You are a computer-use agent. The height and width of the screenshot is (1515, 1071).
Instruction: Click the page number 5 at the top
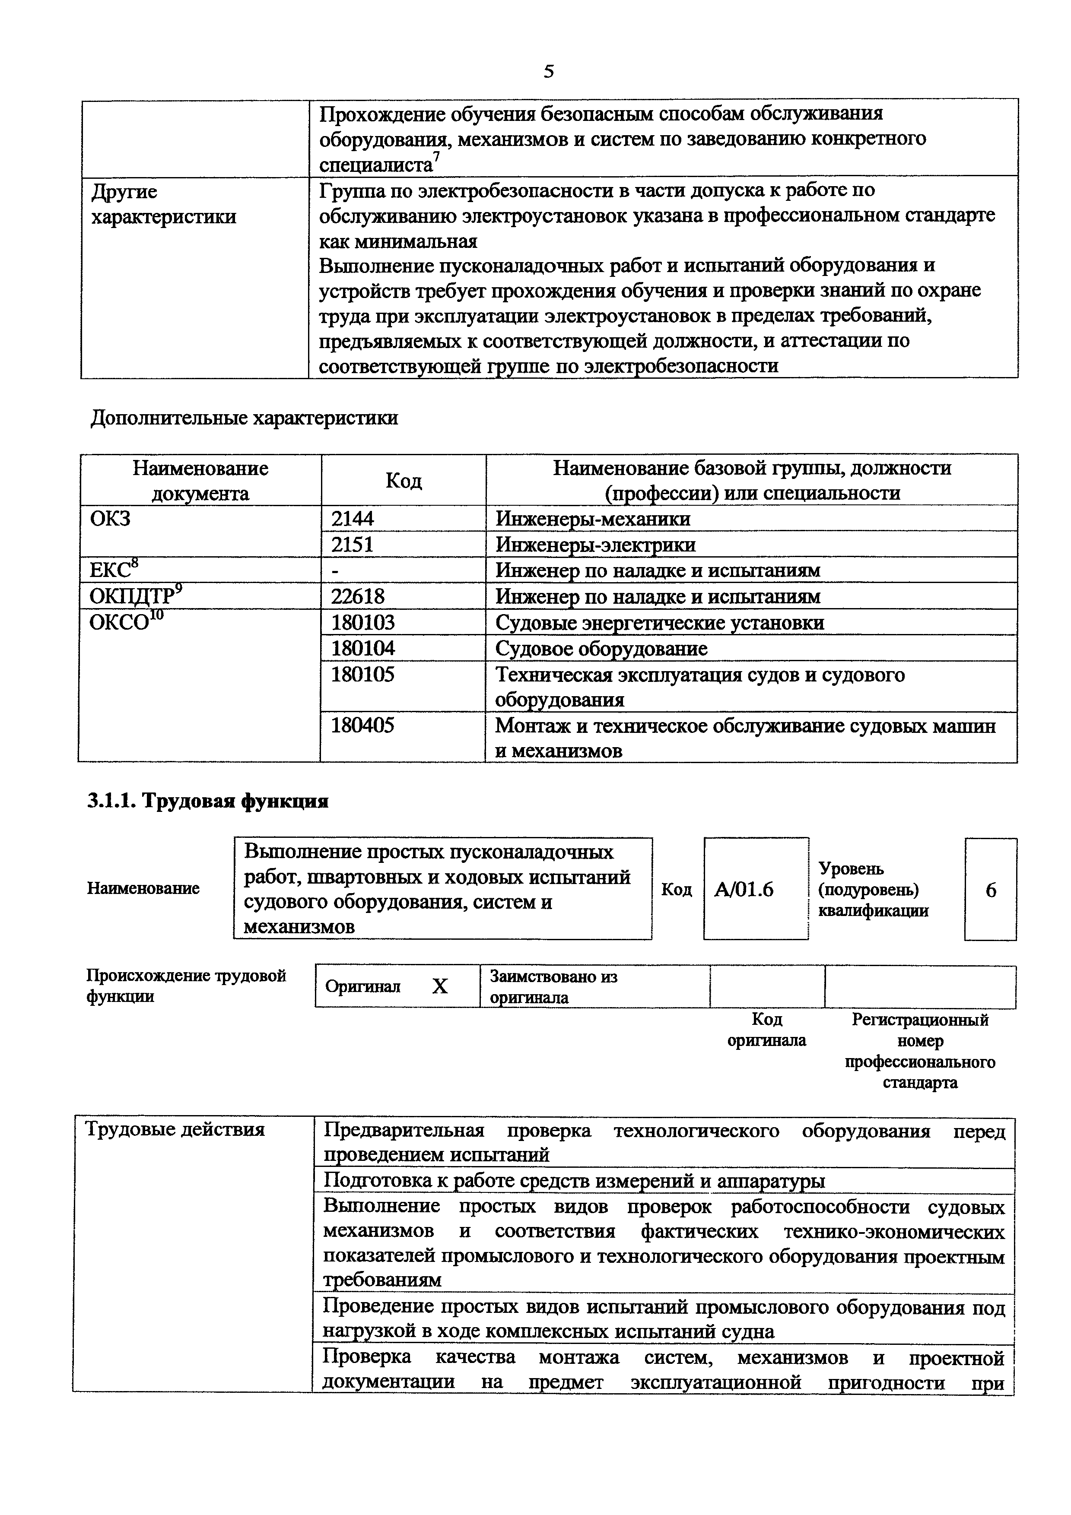click(x=548, y=71)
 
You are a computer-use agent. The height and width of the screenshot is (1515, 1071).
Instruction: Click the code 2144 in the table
click(x=353, y=519)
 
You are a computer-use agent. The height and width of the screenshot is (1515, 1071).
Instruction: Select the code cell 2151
click(x=353, y=544)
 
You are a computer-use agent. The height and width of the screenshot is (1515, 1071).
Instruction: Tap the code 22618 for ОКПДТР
click(x=358, y=596)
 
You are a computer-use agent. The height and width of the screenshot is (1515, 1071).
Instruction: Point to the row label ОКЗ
click(x=110, y=519)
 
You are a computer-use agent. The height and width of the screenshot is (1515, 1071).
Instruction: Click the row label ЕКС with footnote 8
click(x=114, y=570)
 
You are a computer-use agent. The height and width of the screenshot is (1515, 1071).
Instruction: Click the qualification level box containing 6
click(x=991, y=890)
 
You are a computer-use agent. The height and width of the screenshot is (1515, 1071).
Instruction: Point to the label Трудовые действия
click(x=175, y=1130)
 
